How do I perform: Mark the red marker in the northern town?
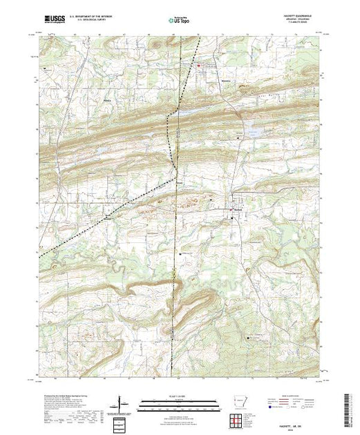click(x=200, y=66)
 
